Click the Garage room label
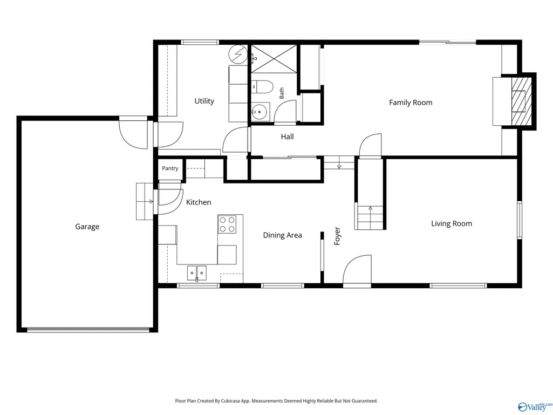(x=87, y=227)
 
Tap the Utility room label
(x=204, y=101)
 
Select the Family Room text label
(x=411, y=103)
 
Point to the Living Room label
(x=452, y=223)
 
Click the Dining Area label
(x=283, y=235)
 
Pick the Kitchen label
(x=199, y=202)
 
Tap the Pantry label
(x=170, y=168)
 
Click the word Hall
(x=288, y=137)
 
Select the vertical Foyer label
(x=337, y=236)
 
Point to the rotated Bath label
(x=282, y=93)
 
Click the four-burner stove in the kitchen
(x=227, y=224)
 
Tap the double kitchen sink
(x=197, y=273)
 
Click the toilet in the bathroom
(x=262, y=87)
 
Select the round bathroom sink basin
(x=260, y=112)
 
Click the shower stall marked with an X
(x=274, y=59)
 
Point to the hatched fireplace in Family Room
(x=521, y=101)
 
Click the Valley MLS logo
(x=535, y=406)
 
